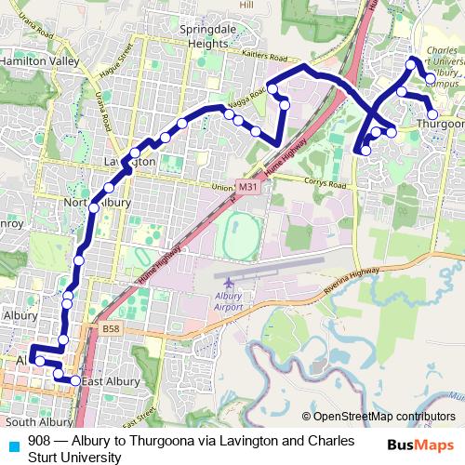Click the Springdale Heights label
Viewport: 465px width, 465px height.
(x=214, y=36)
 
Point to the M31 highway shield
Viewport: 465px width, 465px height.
(x=246, y=187)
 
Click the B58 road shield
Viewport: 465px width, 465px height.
(x=112, y=329)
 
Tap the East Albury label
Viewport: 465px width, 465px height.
(x=110, y=381)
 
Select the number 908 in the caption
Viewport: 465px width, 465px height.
(x=39, y=440)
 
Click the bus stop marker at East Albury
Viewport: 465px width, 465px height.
(x=75, y=379)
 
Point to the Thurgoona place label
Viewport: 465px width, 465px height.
(x=440, y=124)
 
